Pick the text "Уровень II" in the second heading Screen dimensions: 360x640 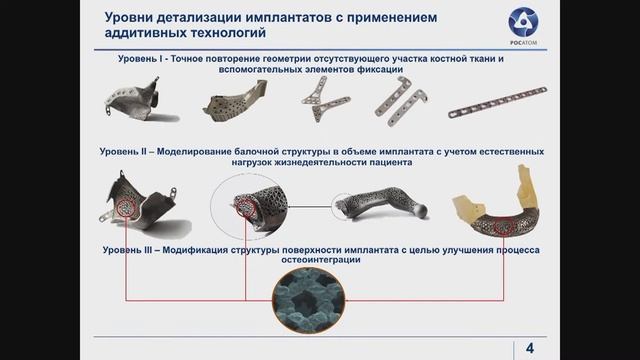tap(126, 150)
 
